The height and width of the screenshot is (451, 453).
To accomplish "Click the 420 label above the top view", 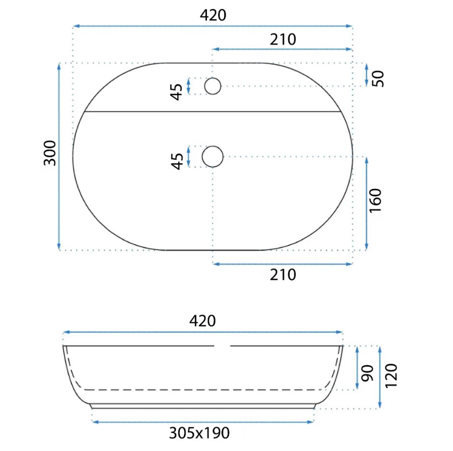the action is (213, 15).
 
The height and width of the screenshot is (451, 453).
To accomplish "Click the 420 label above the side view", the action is (202, 321).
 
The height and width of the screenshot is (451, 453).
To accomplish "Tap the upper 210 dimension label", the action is (283, 39).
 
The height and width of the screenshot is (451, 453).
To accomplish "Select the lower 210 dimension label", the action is (283, 275).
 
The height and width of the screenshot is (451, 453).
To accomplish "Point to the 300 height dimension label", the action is (50, 153).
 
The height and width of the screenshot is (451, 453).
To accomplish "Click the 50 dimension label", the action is (378, 79).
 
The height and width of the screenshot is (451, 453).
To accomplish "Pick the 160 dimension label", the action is (375, 200).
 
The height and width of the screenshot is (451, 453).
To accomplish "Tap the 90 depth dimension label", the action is (367, 373).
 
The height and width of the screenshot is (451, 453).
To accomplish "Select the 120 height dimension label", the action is (391, 375).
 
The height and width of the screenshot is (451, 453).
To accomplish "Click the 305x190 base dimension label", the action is (199, 433).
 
